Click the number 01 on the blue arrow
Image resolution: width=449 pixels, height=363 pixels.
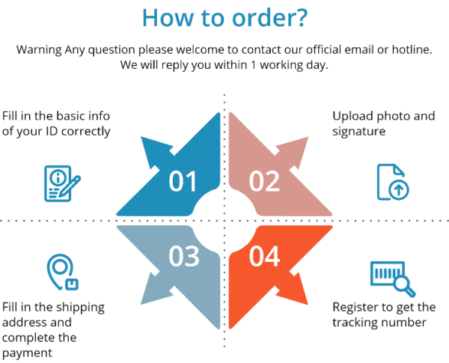pyautogui.click(x=183, y=181)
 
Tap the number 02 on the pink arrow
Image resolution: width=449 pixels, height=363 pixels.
pyautogui.click(x=264, y=181)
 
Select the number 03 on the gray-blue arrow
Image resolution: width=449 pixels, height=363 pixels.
pyautogui.click(x=184, y=256)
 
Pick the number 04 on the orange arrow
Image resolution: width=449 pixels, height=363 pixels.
pyautogui.click(x=264, y=256)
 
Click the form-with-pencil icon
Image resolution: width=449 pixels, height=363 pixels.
pyautogui.click(x=62, y=183)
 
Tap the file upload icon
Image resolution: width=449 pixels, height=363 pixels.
pyautogui.click(x=393, y=182)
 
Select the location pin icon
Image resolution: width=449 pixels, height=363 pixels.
pyautogui.click(x=63, y=272)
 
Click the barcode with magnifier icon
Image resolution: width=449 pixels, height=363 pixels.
pyautogui.click(x=393, y=278)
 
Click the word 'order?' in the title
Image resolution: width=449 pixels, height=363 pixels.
pyautogui.click(x=269, y=18)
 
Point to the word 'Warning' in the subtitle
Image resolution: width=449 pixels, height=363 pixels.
pyautogui.click(x=39, y=50)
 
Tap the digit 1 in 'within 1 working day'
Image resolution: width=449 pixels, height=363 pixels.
pyautogui.click(x=253, y=65)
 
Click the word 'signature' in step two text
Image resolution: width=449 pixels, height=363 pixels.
pyautogui.click(x=358, y=132)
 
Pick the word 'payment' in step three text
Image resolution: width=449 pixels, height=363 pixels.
pyautogui.click(x=27, y=353)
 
